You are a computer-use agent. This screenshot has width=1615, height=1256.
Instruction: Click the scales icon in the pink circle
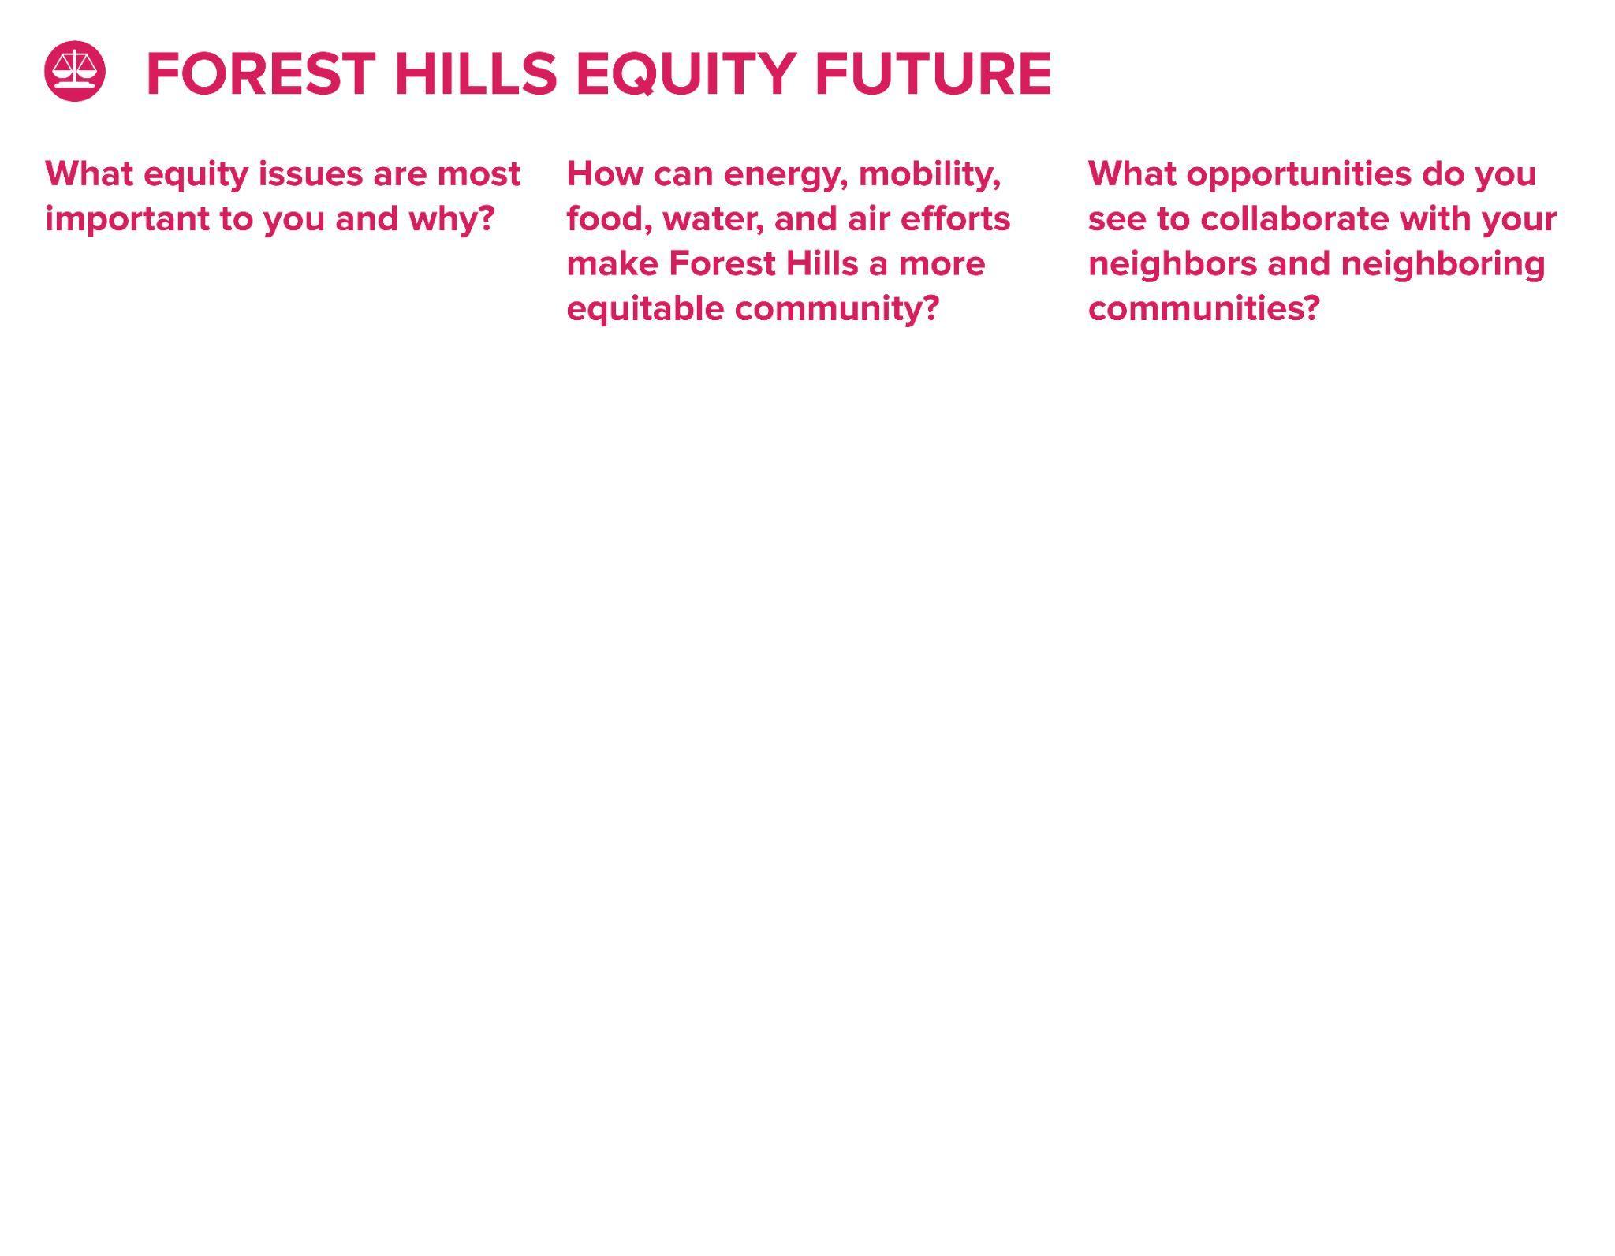coord(74,71)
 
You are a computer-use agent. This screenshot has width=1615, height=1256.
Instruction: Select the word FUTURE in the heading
coord(933,74)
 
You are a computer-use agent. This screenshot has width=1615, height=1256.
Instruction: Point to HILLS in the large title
coord(476,74)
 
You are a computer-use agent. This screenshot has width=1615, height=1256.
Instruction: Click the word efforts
coord(955,218)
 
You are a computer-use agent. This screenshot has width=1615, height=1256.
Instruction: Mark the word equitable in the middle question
coord(645,309)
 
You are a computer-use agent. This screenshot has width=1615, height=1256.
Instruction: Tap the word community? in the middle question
coord(837,309)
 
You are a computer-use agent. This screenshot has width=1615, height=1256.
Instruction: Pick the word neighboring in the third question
coord(1443,264)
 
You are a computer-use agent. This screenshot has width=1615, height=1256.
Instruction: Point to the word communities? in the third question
coord(1204,308)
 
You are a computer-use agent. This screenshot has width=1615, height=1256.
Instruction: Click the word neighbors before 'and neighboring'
coord(1173,264)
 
